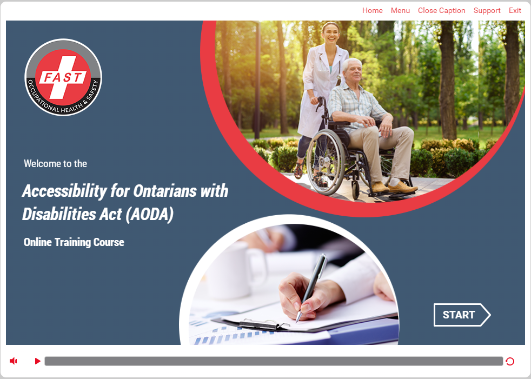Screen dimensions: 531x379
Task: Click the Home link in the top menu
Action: (372, 10)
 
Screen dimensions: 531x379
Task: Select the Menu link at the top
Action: (400, 10)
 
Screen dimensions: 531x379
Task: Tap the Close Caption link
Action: (442, 10)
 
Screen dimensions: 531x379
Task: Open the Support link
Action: (487, 11)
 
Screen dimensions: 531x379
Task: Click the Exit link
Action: (515, 10)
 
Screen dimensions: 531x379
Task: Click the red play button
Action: (38, 361)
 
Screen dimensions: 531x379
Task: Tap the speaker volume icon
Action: (13, 361)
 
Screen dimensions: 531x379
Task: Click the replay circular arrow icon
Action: (510, 361)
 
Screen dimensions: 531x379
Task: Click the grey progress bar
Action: (274, 361)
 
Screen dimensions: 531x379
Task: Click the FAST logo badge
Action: (63, 77)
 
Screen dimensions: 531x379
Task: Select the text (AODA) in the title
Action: (149, 215)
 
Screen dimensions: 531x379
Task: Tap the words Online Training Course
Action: (74, 242)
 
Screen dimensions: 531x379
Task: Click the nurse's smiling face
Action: (330, 33)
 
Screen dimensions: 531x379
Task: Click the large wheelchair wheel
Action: (326, 162)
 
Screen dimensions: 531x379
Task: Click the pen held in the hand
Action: (310, 287)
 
